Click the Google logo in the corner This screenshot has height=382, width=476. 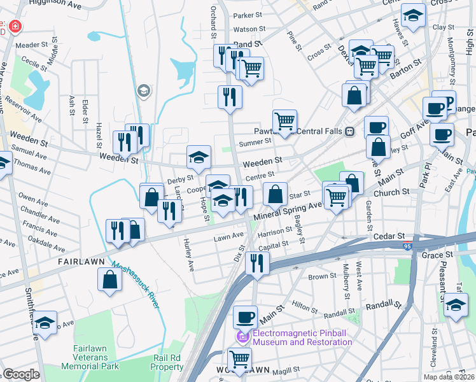click(20, 374)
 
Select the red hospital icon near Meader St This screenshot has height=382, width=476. click(14, 28)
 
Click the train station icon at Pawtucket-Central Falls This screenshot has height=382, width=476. click(349, 131)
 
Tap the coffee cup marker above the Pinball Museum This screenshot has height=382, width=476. click(244, 316)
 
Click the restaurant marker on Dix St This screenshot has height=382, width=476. click(257, 262)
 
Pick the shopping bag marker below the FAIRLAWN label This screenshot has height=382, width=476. click(110, 279)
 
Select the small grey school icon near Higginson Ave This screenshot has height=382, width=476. click(144, 91)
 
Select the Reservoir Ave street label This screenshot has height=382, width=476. click(23, 110)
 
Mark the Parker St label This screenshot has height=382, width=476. click(247, 15)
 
